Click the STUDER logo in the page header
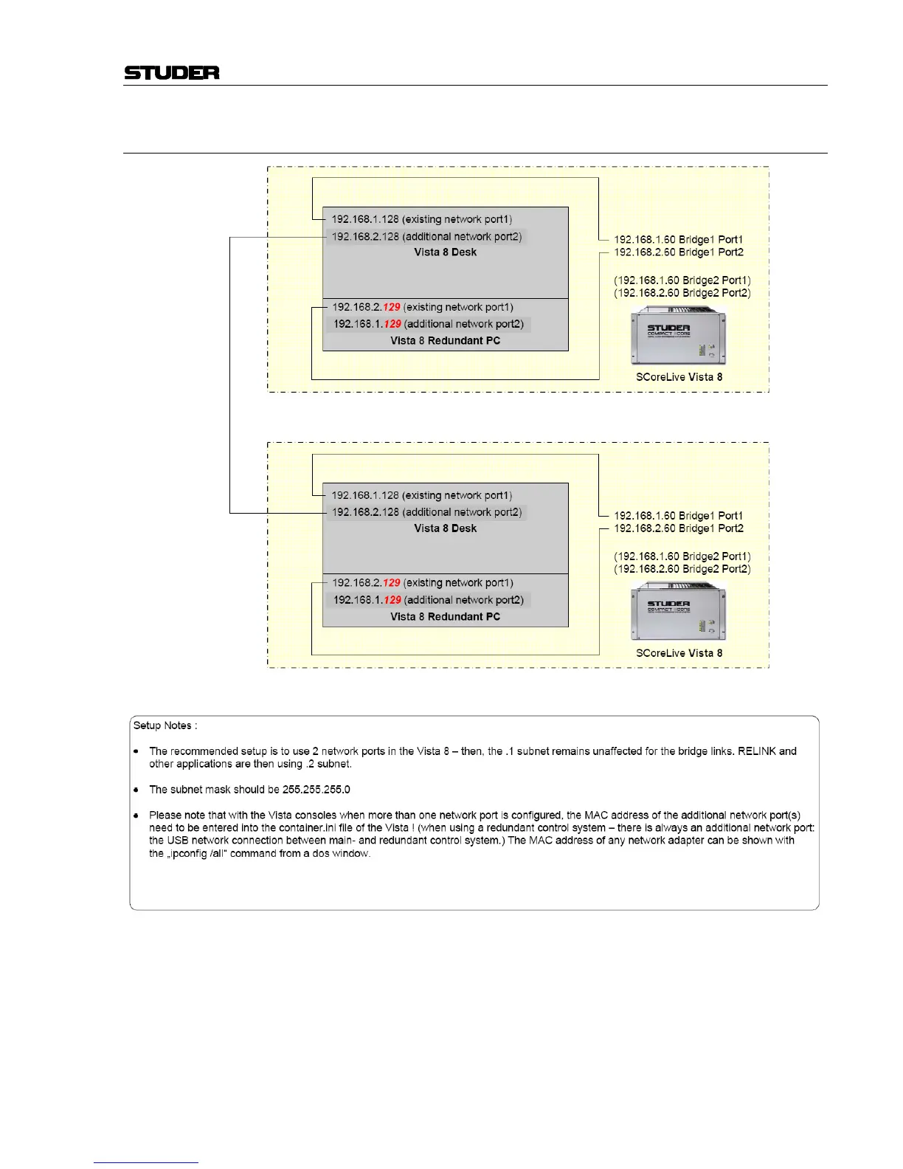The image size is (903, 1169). [x=172, y=72]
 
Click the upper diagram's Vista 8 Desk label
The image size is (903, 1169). [x=445, y=252]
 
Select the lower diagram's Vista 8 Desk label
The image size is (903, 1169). [x=445, y=528]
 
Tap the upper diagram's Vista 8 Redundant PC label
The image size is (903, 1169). [x=445, y=341]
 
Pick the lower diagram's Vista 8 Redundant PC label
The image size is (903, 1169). [x=445, y=617]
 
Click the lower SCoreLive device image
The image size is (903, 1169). [x=678, y=612]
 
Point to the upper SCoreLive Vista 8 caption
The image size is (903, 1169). [x=679, y=377]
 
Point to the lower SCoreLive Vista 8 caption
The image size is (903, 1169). [x=679, y=653]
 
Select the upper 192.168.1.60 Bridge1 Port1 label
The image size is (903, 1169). [x=678, y=240]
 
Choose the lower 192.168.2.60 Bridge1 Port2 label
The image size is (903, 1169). [x=678, y=528]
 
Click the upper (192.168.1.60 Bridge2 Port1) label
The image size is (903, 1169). [x=682, y=280]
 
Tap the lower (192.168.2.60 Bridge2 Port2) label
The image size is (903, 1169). [x=682, y=569]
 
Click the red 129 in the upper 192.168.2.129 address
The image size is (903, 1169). [x=391, y=307]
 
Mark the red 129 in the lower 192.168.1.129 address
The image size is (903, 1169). [x=392, y=600]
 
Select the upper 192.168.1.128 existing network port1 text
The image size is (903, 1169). [x=421, y=219]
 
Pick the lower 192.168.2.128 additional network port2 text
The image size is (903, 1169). [x=426, y=512]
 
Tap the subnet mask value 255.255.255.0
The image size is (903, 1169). [x=316, y=790]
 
